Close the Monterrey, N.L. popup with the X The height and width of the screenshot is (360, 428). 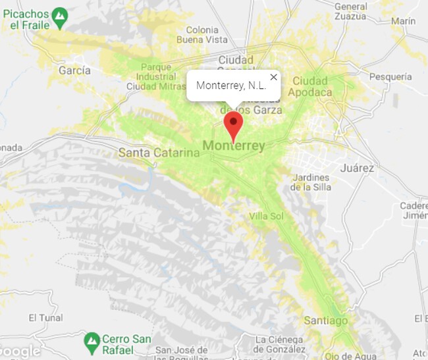pyautogui.click(x=274, y=77)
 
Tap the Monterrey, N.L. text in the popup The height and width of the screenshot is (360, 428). pyautogui.click(x=230, y=86)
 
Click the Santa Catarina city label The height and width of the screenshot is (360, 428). pyautogui.click(x=159, y=153)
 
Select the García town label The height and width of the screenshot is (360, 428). pyautogui.click(x=75, y=70)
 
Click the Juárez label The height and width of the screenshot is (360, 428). pyautogui.click(x=357, y=168)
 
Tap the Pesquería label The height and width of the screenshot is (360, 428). pyautogui.click(x=390, y=76)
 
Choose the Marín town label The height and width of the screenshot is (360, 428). pyautogui.click(x=402, y=21)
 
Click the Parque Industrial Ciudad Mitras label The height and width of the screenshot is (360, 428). pyautogui.click(x=156, y=76)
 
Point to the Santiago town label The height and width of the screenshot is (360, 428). pyautogui.click(x=325, y=321)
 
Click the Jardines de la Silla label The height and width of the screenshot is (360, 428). pyautogui.click(x=310, y=182)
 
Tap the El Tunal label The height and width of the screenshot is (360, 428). pyautogui.click(x=45, y=317)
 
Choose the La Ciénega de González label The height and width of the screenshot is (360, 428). pyautogui.click(x=280, y=344)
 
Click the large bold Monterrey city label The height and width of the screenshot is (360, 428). pyautogui.click(x=234, y=145)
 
